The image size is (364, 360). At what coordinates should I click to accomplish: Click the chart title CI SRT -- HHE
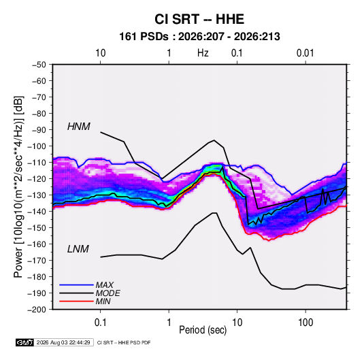[x=199, y=19]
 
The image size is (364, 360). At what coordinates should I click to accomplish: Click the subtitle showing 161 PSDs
[x=199, y=37]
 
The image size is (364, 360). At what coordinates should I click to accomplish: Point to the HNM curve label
[x=79, y=127]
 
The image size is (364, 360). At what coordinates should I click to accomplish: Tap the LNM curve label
[x=78, y=249]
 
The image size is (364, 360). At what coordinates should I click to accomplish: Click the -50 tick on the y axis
[x=39, y=65]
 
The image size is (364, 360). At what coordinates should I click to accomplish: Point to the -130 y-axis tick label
[x=37, y=195]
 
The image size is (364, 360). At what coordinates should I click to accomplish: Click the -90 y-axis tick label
[x=39, y=130]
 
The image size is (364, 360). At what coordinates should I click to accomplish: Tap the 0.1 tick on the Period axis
[x=100, y=323]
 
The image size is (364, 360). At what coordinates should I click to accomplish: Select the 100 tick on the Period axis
[x=305, y=323]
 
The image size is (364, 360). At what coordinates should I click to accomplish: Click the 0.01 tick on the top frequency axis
[x=305, y=53]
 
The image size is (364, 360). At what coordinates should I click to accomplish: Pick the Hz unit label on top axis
[x=203, y=53]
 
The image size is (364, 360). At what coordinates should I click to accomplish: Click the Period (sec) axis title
[x=203, y=330]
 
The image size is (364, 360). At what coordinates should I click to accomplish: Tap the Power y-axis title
[x=18, y=187]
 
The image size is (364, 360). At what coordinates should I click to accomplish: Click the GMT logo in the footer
[x=24, y=342]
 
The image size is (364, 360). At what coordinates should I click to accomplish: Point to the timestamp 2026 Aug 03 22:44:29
[x=63, y=342]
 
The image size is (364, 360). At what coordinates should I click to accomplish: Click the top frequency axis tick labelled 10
[x=101, y=53]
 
